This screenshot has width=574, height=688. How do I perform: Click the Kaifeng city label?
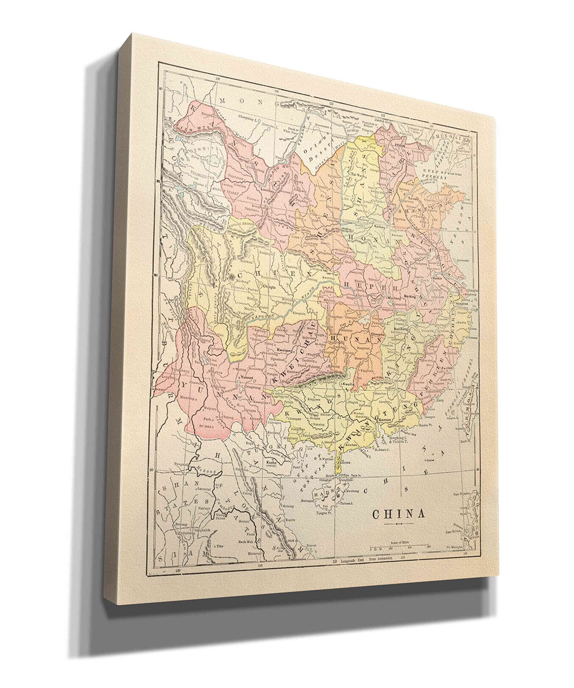point(378,225)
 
